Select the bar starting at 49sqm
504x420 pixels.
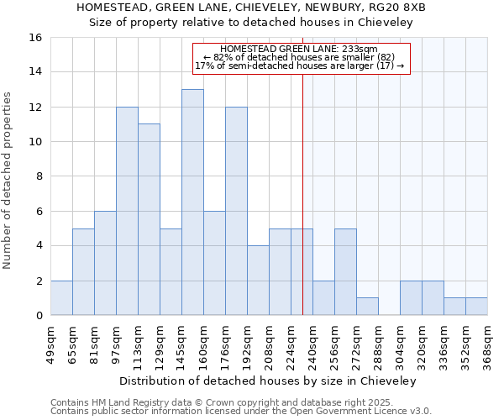(61, 298)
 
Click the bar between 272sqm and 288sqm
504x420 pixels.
(367, 307)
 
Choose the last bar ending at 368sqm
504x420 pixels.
(476, 307)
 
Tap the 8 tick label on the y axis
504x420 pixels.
(39, 176)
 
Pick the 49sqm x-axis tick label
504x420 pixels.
(51, 344)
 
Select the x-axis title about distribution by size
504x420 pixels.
(268, 381)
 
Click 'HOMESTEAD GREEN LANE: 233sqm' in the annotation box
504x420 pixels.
(300, 50)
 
